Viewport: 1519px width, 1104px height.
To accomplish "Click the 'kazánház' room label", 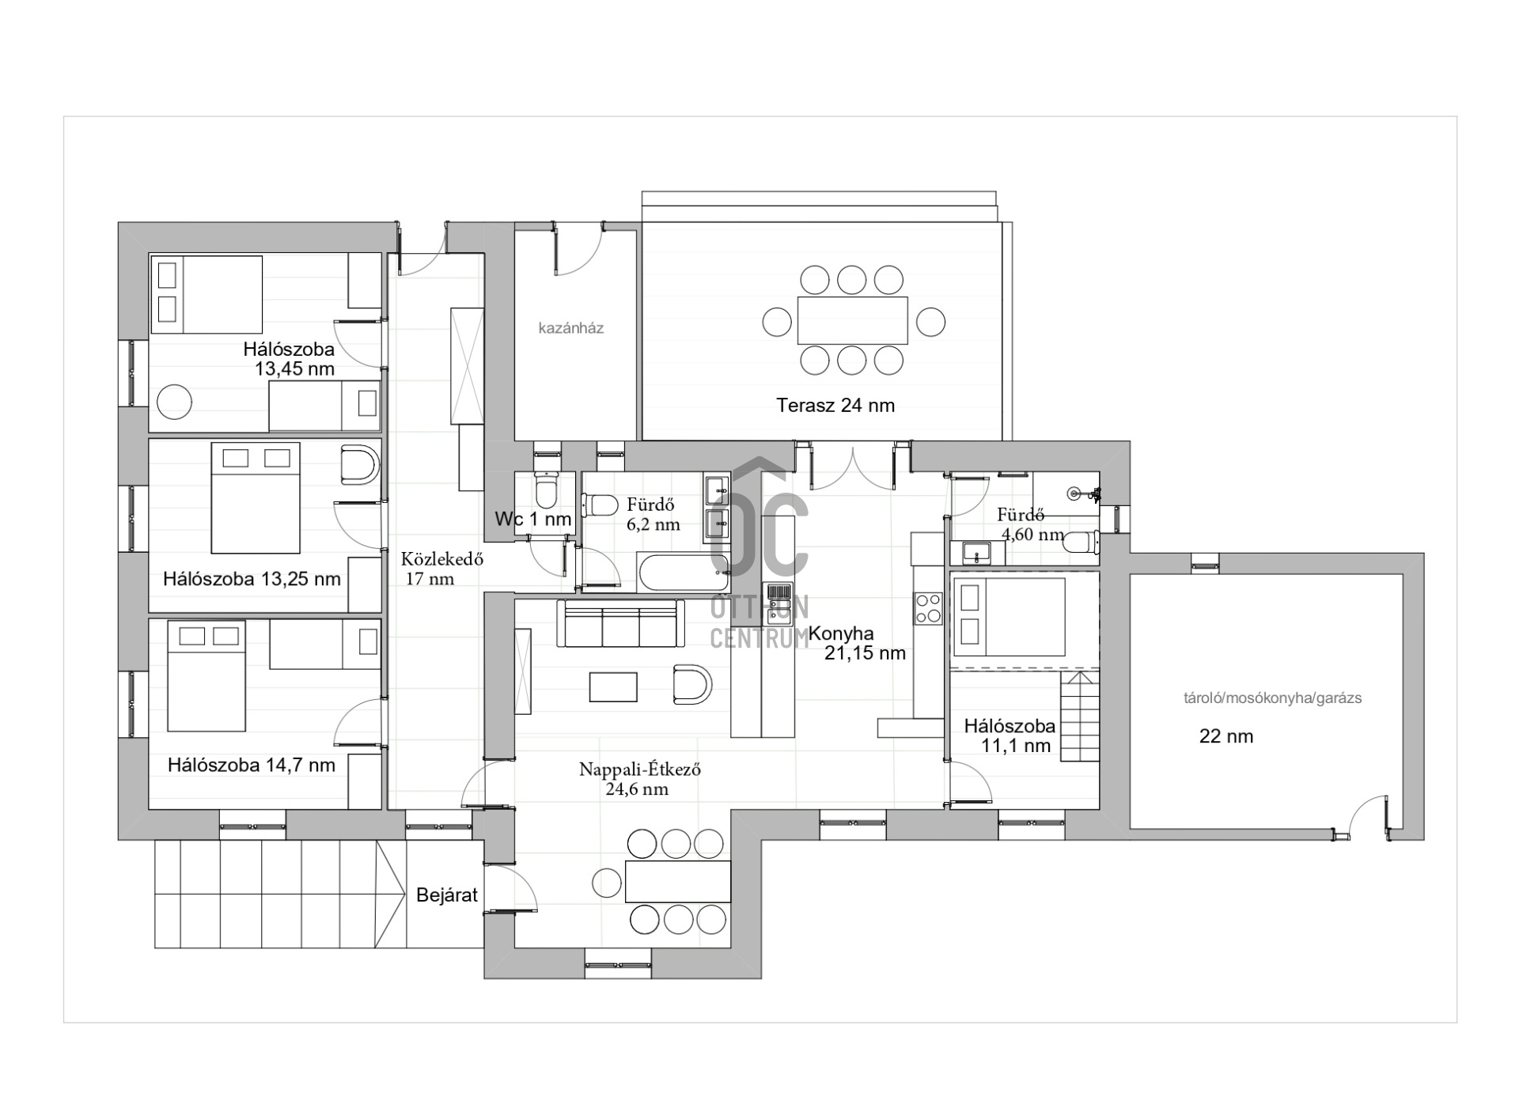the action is [570, 328].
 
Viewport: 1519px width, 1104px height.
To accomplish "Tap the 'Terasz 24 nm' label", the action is [835, 406].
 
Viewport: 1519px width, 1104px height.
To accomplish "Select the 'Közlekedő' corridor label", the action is [442, 558].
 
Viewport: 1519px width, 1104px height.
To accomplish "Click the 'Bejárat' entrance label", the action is [447, 895].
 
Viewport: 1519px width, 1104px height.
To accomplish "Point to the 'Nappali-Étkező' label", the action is [640, 769].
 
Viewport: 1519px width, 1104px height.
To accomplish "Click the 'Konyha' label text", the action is [841, 633].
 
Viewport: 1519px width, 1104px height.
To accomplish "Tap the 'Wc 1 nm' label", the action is [533, 520].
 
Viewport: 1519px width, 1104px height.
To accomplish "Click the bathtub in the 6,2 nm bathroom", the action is [684, 573].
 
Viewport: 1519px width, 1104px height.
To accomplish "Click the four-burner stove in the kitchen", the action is [929, 609].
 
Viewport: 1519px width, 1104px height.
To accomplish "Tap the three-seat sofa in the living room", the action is [620, 623].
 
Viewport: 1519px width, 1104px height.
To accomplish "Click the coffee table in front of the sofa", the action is [613, 687].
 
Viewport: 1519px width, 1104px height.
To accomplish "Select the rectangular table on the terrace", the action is [852, 320].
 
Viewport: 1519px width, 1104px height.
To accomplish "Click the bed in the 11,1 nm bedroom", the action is [1009, 617].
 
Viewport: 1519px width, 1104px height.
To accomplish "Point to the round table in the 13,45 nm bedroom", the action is [174, 402].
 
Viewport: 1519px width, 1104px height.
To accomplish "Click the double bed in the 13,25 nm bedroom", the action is [256, 498].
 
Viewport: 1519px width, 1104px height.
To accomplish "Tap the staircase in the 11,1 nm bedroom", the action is [1080, 716].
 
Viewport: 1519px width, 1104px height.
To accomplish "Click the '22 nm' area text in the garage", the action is [1226, 737].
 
